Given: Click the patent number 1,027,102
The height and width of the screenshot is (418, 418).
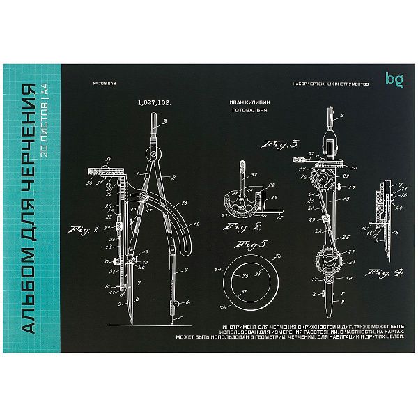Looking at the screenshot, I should click(x=155, y=102).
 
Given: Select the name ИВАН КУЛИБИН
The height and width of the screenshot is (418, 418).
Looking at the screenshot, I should click(x=249, y=102).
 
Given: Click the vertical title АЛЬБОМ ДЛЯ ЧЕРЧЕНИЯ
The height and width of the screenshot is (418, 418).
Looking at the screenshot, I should click(x=29, y=209).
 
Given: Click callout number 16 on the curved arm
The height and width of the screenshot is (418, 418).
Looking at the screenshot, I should click(x=197, y=224).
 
